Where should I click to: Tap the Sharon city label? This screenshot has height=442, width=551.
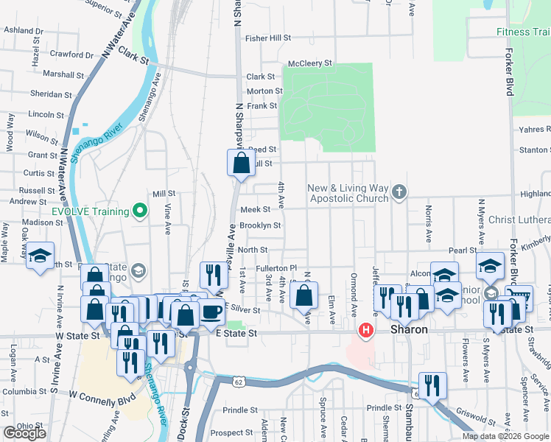click(409, 329)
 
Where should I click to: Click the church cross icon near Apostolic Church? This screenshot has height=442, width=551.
click(399, 192)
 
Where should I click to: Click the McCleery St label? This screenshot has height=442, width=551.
click(311, 63)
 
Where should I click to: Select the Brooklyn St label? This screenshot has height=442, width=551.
click(260, 225)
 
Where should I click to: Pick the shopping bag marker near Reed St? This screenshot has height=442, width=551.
click(241, 164)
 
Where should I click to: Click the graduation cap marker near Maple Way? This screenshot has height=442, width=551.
click(40, 256)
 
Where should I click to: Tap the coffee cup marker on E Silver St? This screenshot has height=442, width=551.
click(211, 311)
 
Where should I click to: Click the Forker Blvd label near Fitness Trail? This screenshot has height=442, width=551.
click(509, 72)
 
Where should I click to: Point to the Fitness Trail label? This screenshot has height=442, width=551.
click(523, 32)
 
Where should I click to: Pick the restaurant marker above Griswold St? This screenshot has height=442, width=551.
click(432, 385)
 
